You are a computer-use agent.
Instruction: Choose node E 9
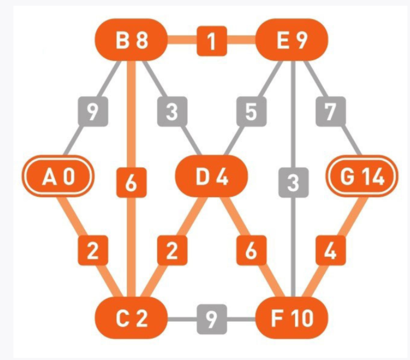(x=292, y=40)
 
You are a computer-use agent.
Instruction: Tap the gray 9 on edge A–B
(x=93, y=111)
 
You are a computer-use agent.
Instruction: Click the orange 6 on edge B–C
(x=131, y=183)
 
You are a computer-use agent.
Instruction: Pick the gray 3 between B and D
(x=172, y=111)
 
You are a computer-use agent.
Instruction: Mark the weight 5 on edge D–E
(x=251, y=111)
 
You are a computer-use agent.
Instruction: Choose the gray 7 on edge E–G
(x=331, y=111)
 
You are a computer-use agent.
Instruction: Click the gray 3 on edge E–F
(x=293, y=183)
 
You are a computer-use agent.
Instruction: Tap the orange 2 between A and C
(x=93, y=250)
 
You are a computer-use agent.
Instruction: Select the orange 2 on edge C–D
(x=172, y=250)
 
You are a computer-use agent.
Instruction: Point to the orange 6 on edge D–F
(x=251, y=250)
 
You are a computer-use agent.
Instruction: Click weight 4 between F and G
(x=331, y=250)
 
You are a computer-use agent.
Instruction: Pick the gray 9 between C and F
(x=212, y=319)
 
